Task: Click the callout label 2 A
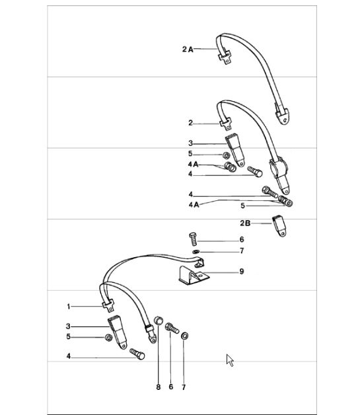point(188,49)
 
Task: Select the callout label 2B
point(245,223)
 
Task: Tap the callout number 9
point(242,272)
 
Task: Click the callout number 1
point(69,307)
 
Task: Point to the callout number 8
point(158,387)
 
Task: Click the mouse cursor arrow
point(230,360)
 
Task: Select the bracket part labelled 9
point(193,276)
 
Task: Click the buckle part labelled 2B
point(279,226)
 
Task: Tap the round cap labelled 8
point(159,321)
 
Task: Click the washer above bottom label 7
point(185,336)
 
